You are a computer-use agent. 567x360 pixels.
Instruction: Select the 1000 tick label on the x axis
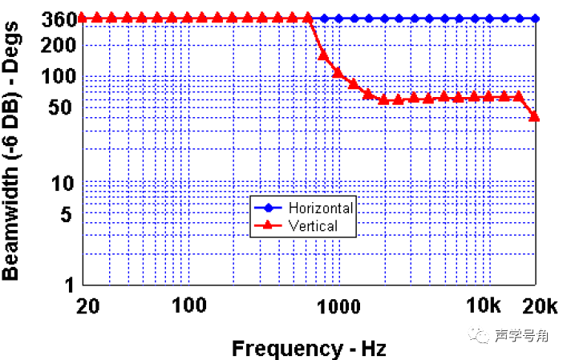click(x=338, y=305)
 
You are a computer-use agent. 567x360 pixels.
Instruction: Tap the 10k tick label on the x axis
click(x=484, y=305)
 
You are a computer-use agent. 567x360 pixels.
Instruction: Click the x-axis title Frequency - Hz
click(x=309, y=348)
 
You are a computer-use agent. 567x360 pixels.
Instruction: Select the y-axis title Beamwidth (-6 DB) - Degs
click(x=14, y=151)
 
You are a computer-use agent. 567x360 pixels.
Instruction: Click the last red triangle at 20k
click(x=535, y=116)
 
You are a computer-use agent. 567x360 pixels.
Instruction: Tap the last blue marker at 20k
click(x=535, y=18)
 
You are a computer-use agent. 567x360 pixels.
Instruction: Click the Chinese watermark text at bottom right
click(x=521, y=336)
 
